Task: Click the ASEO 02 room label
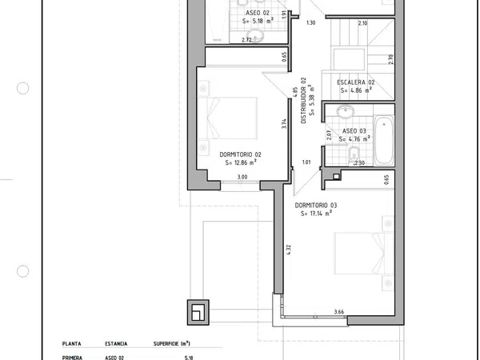(x=258, y=13)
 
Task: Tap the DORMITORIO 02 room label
(x=240, y=154)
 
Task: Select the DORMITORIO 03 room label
(x=316, y=206)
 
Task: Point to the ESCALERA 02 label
(x=356, y=82)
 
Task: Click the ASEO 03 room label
(x=354, y=131)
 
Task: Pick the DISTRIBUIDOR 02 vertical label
(x=303, y=101)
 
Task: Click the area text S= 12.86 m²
(x=241, y=162)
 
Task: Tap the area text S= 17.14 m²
(x=316, y=213)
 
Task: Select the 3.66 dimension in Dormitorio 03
(x=339, y=312)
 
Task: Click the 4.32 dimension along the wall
(x=289, y=250)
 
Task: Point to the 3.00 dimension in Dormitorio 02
(x=242, y=177)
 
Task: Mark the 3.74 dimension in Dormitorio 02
(x=284, y=124)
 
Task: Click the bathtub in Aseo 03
(x=384, y=139)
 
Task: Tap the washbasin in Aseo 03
(x=346, y=110)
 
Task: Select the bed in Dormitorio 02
(x=228, y=118)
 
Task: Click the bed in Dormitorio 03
(x=364, y=253)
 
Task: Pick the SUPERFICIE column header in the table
(x=172, y=344)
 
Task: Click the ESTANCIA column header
(x=116, y=344)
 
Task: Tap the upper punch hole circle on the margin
(x=22, y=88)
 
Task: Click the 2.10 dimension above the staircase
(x=362, y=23)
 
